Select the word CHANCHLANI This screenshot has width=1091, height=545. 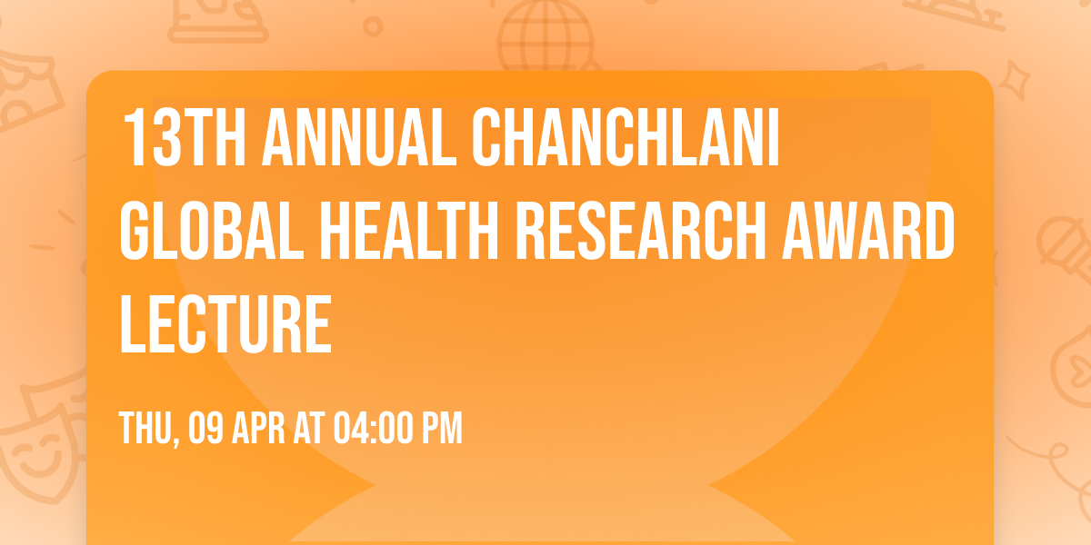click(628, 139)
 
